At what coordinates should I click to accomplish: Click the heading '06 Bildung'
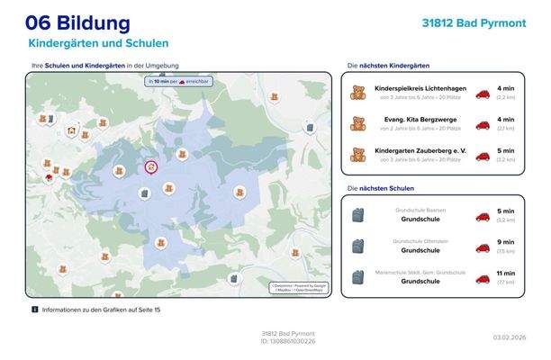coord(77,22)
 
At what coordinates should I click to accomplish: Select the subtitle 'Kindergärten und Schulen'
coord(98,43)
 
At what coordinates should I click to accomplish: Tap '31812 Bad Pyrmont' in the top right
coord(474,22)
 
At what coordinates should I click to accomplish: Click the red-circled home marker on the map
coord(150,166)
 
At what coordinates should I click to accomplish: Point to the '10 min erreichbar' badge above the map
coord(182,82)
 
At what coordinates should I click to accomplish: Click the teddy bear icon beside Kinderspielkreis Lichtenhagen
coord(357,93)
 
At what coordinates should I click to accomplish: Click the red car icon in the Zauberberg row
coord(483,154)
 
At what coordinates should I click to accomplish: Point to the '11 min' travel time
coord(505,273)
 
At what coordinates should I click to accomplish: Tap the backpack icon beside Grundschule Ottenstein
coord(357,246)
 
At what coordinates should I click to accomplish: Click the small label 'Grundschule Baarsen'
coord(420,211)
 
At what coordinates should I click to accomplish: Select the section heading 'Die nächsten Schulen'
coord(380,188)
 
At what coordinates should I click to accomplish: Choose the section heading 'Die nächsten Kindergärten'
coord(388,66)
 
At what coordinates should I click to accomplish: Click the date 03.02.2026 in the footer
coord(509,337)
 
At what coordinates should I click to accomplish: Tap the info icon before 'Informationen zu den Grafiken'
coord(35,309)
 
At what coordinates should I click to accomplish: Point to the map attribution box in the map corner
coord(299,287)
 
